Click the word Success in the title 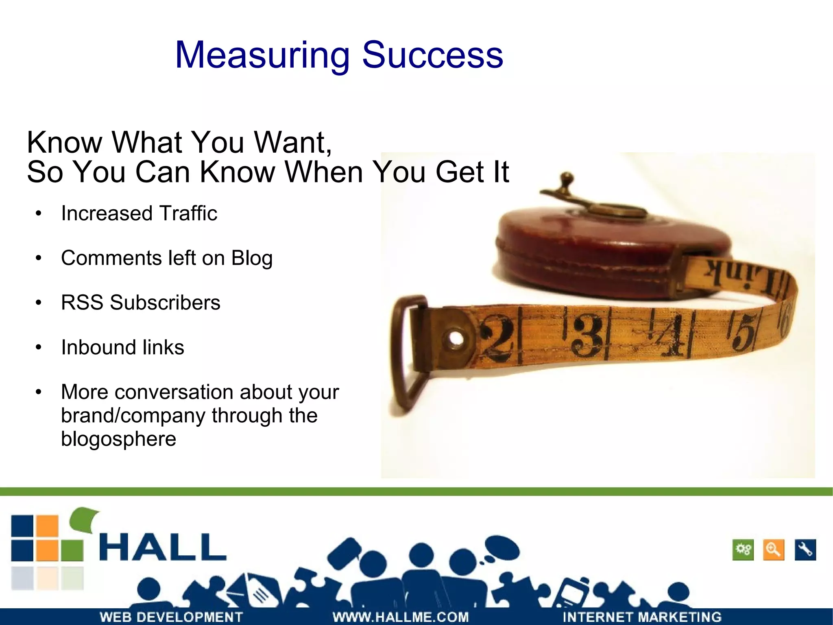[x=432, y=55]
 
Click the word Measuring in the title [x=262, y=56]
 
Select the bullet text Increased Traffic [x=139, y=213]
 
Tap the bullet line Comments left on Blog [x=167, y=258]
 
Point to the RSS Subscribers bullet [x=140, y=303]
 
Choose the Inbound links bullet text [x=122, y=347]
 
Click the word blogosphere [x=118, y=439]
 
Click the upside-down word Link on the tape [x=740, y=274]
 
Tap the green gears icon [x=743, y=550]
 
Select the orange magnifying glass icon [x=773, y=550]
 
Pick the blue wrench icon [x=805, y=550]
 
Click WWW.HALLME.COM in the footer [x=401, y=617]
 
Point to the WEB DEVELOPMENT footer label [x=171, y=617]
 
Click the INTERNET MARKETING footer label [x=642, y=617]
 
